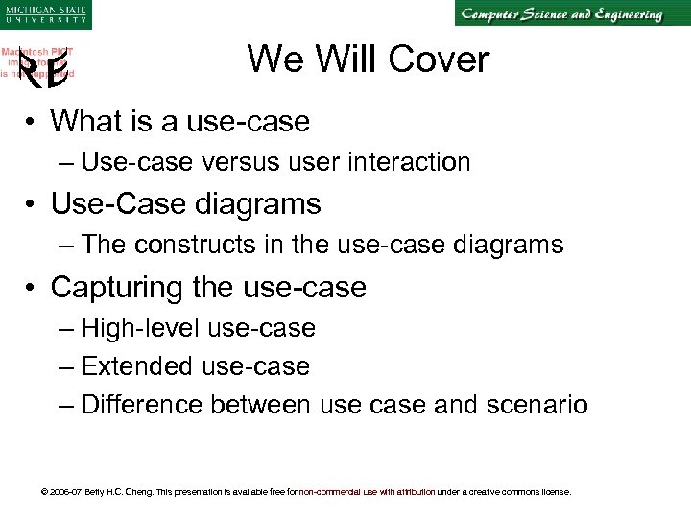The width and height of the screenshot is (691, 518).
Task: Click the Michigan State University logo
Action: point(45,14)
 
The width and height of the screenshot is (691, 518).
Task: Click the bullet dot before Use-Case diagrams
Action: point(32,204)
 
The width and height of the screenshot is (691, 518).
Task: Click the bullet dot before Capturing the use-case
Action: point(32,287)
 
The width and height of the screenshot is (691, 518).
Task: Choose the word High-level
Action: point(141,328)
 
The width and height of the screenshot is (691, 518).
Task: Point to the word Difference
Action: point(143,405)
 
